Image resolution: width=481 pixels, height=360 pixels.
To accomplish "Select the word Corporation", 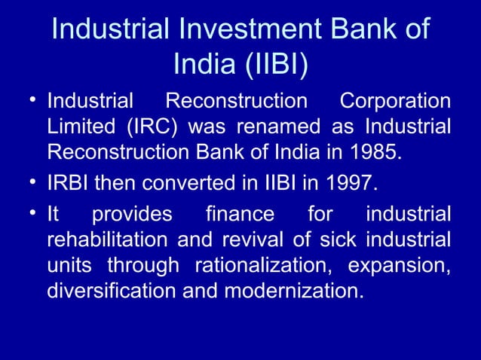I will tap(395, 101).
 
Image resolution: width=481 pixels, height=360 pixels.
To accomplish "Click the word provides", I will tap(132, 215).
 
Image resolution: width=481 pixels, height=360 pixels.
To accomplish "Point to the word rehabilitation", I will tap(108, 240).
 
